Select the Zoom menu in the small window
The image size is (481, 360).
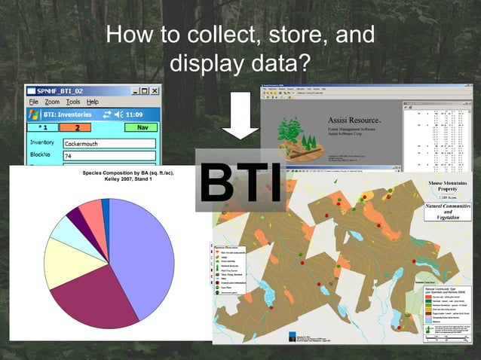(52, 102)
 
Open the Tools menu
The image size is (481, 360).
(73, 102)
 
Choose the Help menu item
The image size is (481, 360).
(92, 102)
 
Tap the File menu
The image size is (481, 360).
(33, 102)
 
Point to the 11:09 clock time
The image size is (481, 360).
(134, 114)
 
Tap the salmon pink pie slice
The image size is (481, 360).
(91, 215)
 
